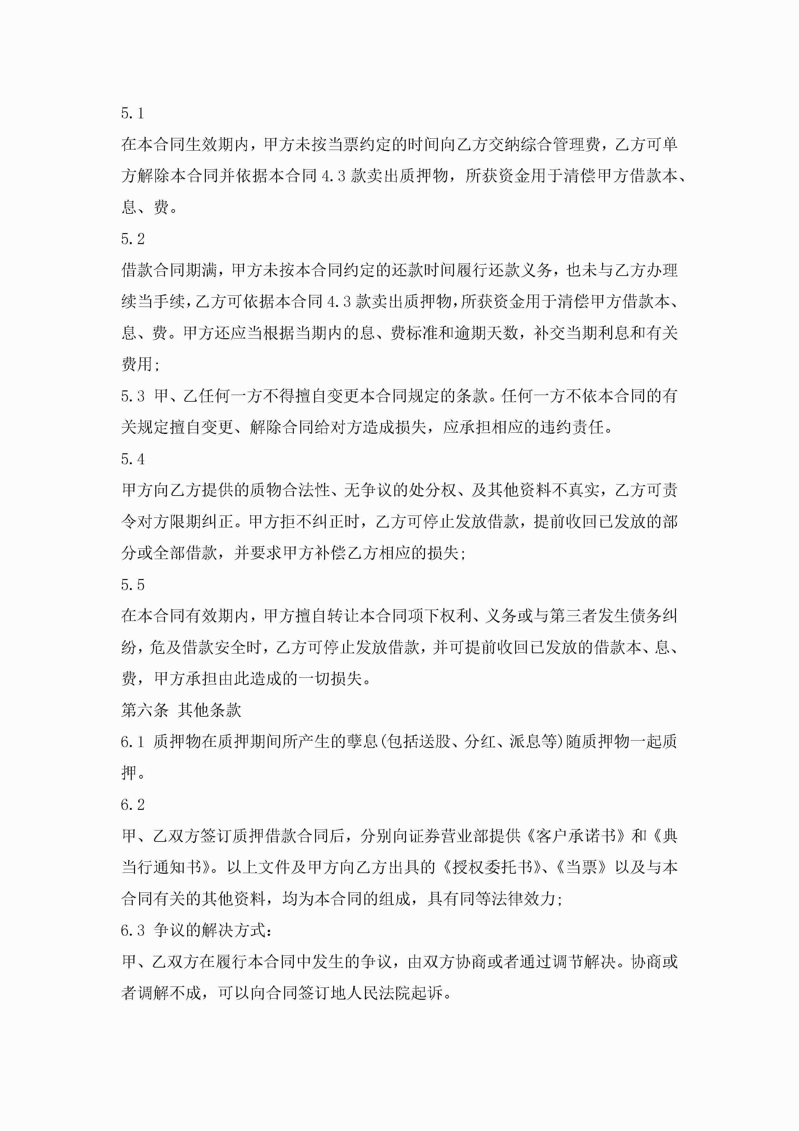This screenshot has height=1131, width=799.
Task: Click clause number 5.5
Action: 132,585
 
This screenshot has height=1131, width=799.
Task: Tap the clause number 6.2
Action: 132,805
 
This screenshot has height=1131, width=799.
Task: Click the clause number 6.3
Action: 132,930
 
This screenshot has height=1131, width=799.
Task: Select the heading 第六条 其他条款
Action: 181,710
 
